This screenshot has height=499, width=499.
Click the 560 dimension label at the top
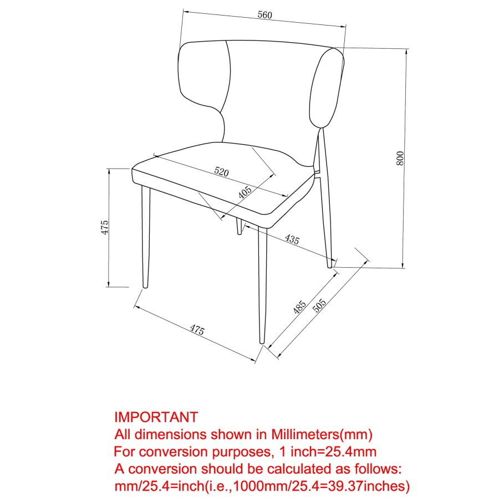(265, 15)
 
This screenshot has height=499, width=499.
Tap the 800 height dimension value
(400, 158)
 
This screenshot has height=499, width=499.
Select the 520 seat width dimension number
(221, 171)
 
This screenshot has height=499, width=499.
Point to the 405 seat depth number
(245, 192)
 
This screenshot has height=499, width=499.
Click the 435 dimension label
(292, 239)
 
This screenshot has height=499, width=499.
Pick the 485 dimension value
(299, 307)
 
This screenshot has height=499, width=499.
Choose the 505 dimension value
(319, 305)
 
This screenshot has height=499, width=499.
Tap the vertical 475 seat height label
(105, 227)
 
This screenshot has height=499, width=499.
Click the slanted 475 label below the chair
(197, 330)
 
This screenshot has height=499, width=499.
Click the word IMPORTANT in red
(156, 417)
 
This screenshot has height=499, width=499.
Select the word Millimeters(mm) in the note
(322, 434)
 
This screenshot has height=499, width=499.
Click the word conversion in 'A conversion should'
(162, 469)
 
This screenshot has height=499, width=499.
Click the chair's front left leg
(146, 237)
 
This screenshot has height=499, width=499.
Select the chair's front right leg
(262, 286)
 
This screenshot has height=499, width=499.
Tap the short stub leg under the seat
(238, 226)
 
